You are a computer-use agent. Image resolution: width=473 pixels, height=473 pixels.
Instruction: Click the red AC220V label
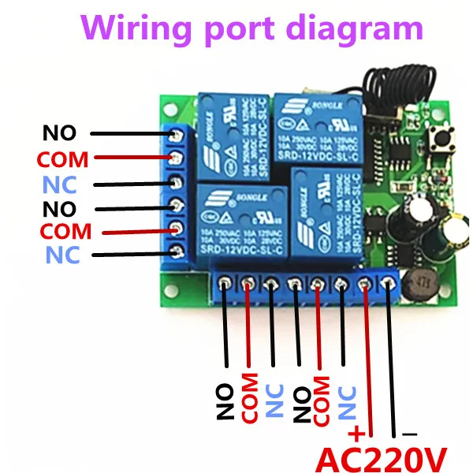click(x=382, y=456)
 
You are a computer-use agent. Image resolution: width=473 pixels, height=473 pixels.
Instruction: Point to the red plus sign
click(x=357, y=433)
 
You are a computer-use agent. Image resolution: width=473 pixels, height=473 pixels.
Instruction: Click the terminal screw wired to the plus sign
click(x=364, y=282)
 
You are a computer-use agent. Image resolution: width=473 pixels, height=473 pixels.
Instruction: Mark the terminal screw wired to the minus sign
click(x=388, y=282)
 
